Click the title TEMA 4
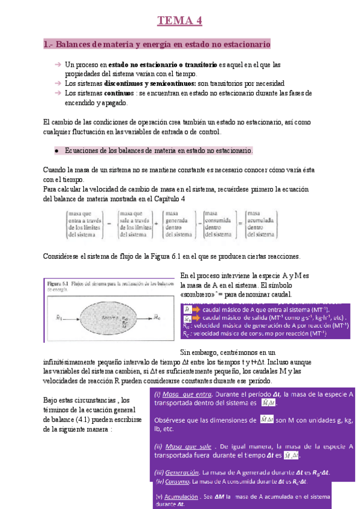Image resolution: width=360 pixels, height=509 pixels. [180, 22]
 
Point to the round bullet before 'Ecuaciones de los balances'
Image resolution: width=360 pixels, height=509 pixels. [56, 151]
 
